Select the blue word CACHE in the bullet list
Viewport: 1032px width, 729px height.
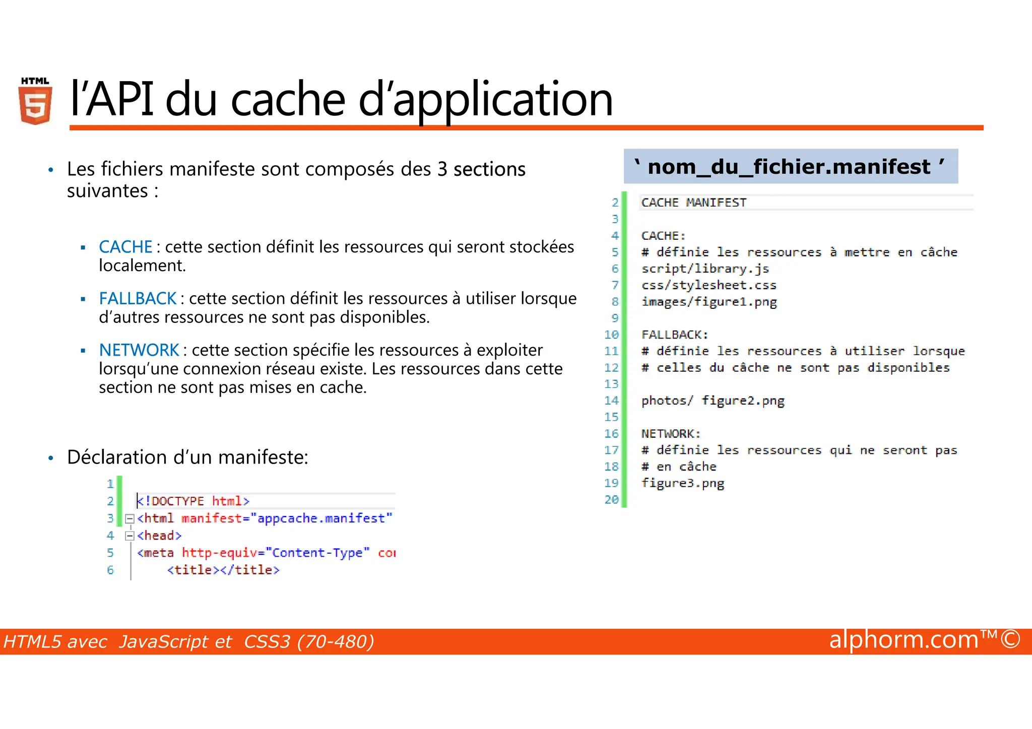coord(125,247)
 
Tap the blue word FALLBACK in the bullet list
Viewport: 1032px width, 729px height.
coord(138,299)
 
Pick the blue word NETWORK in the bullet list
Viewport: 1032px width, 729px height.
coord(139,350)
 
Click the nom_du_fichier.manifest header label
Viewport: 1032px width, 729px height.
coord(790,167)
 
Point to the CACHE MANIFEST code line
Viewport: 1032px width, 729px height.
coord(693,203)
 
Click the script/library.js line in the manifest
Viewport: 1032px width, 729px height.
coord(705,269)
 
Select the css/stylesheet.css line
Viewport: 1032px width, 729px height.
coord(708,285)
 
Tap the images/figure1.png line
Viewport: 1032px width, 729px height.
coord(709,302)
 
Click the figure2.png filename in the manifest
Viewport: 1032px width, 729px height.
coord(743,401)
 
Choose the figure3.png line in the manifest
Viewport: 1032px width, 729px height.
coord(682,483)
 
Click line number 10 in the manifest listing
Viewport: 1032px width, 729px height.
coord(611,335)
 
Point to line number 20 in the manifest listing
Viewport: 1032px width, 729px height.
coord(611,499)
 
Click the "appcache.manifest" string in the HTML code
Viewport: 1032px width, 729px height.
coord(321,518)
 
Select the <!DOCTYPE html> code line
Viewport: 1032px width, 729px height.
coord(193,501)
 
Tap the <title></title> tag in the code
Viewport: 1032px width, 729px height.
coord(223,570)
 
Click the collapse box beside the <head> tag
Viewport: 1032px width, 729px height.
coord(130,536)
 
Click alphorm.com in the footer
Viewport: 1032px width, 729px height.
coord(903,640)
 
